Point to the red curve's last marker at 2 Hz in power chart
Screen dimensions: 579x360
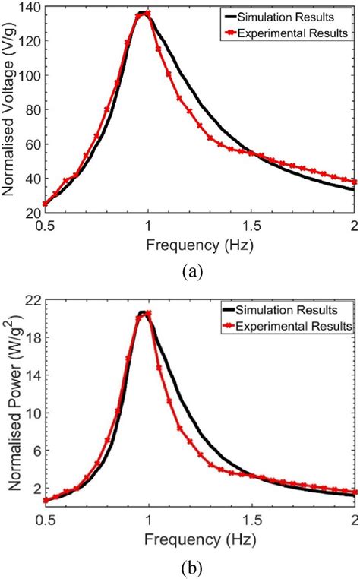point(354,492)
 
